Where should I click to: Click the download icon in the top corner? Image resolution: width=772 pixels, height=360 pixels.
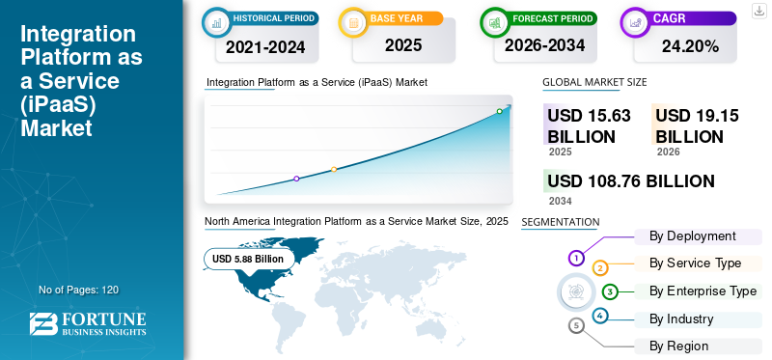(x=759, y=11)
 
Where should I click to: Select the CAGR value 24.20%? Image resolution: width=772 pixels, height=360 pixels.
(x=690, y=46)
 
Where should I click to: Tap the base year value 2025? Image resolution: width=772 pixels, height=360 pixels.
(x=403, y=45)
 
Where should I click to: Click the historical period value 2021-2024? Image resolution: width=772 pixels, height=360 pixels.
(x=265, y=47)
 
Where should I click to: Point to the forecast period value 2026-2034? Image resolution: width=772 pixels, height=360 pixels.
(x=544, y=45)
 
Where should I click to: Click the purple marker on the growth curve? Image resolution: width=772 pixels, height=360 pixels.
(x=296, y=179)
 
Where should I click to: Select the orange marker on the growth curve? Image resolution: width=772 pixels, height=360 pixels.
(x=334, y=170)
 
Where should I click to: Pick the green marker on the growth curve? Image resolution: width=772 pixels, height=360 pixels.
(x=499, y=111)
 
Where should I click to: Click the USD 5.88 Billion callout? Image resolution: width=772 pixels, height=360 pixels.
(x=248, y=259)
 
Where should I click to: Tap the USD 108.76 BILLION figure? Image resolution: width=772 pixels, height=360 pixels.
(x=631, y=181)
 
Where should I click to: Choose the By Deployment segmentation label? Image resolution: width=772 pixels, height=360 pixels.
(x=692, y=236)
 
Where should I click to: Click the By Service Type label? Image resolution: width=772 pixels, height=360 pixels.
(x=695, y=263)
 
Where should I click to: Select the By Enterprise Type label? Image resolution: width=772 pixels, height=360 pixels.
(x=703, y=291)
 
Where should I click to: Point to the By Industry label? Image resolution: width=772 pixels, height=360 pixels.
(x=681, y=319)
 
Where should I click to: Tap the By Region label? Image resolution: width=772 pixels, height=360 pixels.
(x=678, y=346)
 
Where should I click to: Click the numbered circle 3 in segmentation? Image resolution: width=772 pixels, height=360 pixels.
(x=610, y=292)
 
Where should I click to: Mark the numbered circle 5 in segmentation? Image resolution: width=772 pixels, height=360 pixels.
(x=576, y=325)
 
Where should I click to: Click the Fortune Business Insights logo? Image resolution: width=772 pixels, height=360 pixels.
(x=88, y=323)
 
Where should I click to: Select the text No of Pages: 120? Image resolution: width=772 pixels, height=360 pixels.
(x=78, y=291)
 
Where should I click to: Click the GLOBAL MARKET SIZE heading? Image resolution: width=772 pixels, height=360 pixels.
(x=594, y=82)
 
